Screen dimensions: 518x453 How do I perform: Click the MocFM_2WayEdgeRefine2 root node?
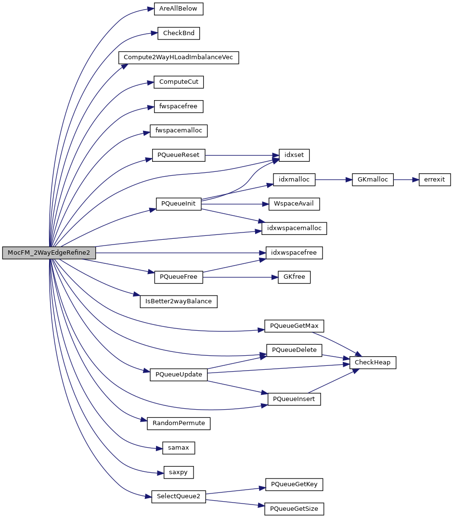tap(49, 253)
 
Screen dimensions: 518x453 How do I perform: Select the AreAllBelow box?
tap(179, 9)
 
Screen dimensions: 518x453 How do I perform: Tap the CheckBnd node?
tap(179, 33)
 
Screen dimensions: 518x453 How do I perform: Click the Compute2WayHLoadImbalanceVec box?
tap(178, 57)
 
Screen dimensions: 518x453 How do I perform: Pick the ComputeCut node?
tap(179, 82)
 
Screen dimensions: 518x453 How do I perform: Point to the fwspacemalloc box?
tap(179, 130)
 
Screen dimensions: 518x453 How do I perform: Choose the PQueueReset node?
tap(179, 155)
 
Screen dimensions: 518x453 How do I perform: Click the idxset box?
tap(294, 155)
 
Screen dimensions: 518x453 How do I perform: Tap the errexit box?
tap(435, 180)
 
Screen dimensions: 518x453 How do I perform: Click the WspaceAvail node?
tap(294, 204)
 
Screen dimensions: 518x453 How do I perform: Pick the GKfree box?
tap(294, 277)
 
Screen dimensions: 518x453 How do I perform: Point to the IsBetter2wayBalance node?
tap(179, 301)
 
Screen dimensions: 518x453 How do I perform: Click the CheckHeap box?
tap(373, 362)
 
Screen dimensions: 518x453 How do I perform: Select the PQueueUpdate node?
tap(179, 375)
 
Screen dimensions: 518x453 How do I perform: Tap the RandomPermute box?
tap(179, 423)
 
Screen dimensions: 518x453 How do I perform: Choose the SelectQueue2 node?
tap(179, 496)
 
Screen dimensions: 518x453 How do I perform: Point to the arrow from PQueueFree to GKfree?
tap(240, 277)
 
